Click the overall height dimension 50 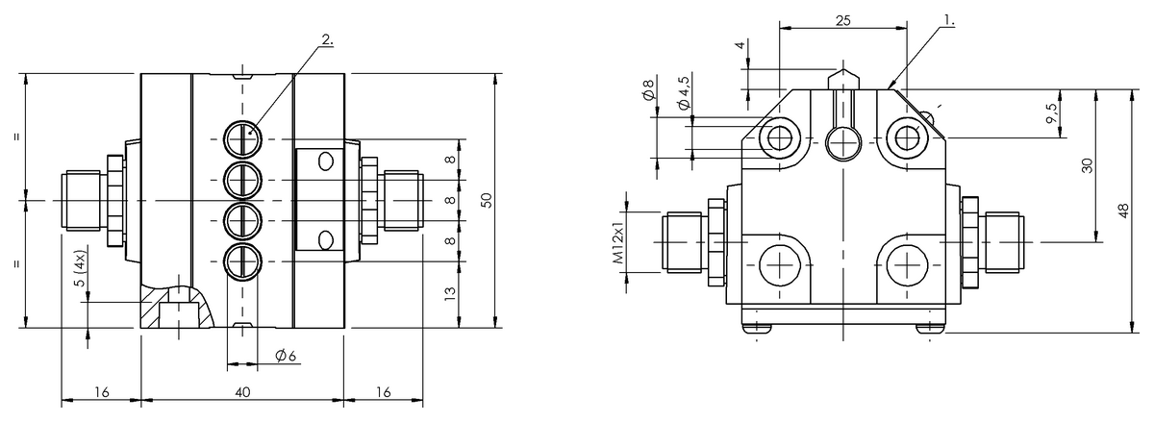pyautogui.click(x=487, y=200)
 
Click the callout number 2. pyautogui.click(x=328, y=40)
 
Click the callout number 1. pyautogui.click(x=948, y=19)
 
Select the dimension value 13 pyautogui.click(x=450, y=295)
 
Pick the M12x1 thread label pyautogui.click(x=619, y=245)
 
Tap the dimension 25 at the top pyautogui.click(x=842, y=19)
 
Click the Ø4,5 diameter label pyautogui.click(x=683, y=93)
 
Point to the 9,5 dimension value pyautogui.click(x=1053, y=113)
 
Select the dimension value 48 pyautogui.click(x=1123, y=211)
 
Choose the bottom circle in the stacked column pyautogui.click(x=242, y=261)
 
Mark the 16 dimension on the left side pyautogui.click(x=101, y=391)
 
